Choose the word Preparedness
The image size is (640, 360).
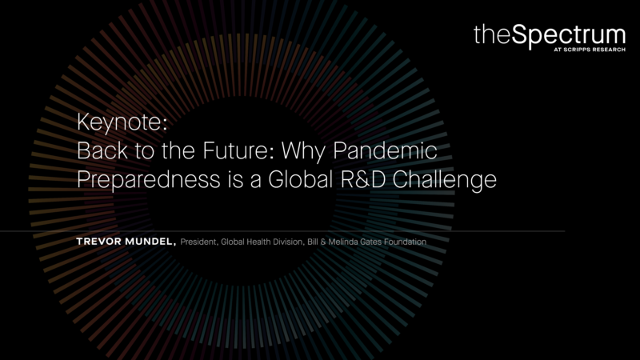coord(149,179)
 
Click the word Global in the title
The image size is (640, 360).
coord(301,178)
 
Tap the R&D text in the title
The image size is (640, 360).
coord(363,179)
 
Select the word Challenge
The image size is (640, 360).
coord(445,180)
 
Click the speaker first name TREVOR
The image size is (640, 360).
coord(99,242)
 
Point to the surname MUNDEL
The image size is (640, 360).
coord(150,242)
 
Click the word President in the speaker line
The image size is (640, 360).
coord(198,242)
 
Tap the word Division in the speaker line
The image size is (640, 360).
coord(288,242)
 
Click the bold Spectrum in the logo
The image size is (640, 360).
coord(569,36)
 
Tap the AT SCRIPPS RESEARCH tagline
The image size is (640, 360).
coord(590,50)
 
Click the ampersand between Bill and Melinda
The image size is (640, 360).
coord(323,242)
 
